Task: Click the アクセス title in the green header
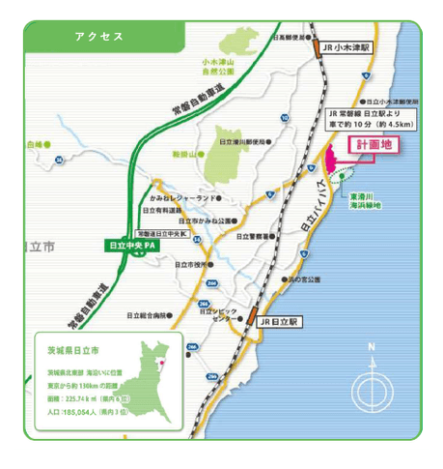(x=98, y=36)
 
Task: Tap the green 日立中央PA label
(x=133, y=246)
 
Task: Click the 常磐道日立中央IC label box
(x=160, y=233)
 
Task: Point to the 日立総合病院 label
(x=148, y=315)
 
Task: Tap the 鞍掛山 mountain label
(x=184, y=153)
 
